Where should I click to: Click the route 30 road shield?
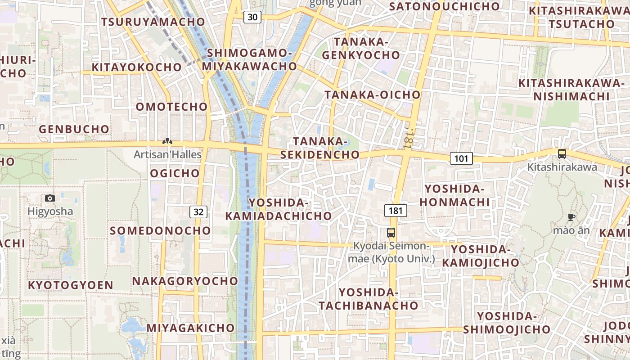[x=252, y=17]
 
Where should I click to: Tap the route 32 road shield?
[x=198, y=211]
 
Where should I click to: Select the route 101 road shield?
[x=461, y=158]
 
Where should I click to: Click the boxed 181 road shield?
[x=396, y=210]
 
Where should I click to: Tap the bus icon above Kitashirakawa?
[x=562, y=154]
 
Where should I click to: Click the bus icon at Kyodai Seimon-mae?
[x=391, y=233]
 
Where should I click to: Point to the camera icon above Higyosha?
[x=50, y=198]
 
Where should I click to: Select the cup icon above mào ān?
[x=571, y=217]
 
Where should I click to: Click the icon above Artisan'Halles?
[x=167, y=142]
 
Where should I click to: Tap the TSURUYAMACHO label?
[x=153, y=22]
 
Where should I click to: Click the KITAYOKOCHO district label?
[x=137, y=67]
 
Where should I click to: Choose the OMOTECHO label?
[x=171, y=107]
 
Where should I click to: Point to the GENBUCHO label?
[x=74, y=129]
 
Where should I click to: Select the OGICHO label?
[x=175, y=173]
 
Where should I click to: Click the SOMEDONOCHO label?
[x=160, y=230]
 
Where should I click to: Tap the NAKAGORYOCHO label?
[x=185, y=281]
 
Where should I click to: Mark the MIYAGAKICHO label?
[x=190, y=328]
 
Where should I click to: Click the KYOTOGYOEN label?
[x=71, y=285]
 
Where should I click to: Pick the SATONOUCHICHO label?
[x=444, y=6]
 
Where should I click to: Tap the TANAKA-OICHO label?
[x=373, y=94]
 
